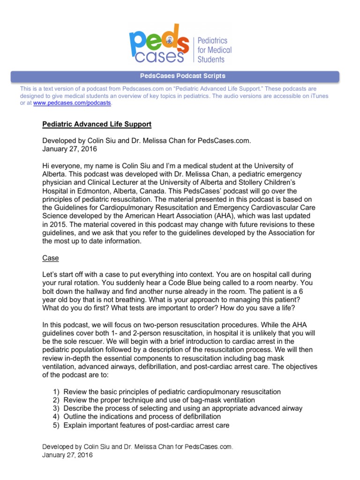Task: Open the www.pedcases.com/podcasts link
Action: coord(72,103)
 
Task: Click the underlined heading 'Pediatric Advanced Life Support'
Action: coord(97,125)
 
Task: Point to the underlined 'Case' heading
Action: coord(51,258)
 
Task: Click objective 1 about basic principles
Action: coord(172,391)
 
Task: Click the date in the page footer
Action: coord(67,455)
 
